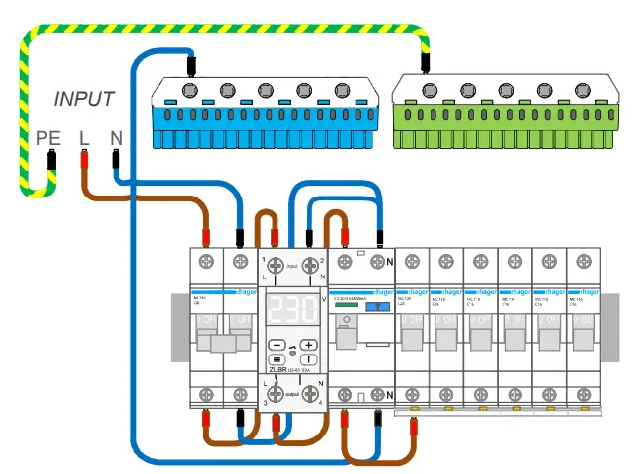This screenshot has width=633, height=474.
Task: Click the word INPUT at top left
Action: point(84,99)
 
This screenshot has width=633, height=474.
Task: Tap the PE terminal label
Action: point(47,138)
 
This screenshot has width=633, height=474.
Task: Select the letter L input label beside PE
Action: point(85,138)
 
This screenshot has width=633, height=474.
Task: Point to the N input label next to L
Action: point(116,138)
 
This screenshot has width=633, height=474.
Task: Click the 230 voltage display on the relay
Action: point(291,310)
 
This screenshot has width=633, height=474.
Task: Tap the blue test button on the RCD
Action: point(377,307)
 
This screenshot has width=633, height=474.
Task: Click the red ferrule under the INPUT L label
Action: point(85,159)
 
